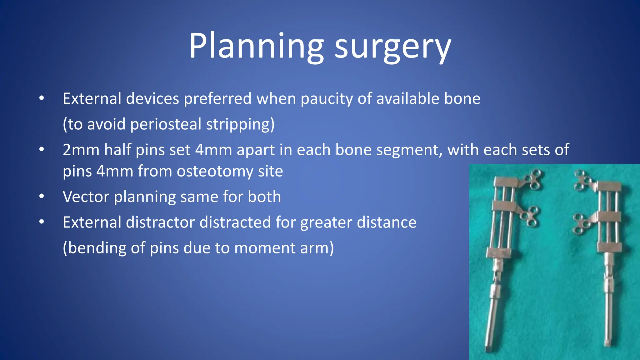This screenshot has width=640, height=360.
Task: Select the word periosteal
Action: pos(166,124)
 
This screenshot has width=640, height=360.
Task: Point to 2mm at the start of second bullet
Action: pos(81,150)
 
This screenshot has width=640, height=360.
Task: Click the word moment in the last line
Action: pos(264,248)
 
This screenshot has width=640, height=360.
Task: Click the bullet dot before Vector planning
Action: pos(42,197)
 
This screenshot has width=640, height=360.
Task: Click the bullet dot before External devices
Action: pos(42,98)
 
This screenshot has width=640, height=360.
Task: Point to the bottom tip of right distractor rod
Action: pos(607,342)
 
